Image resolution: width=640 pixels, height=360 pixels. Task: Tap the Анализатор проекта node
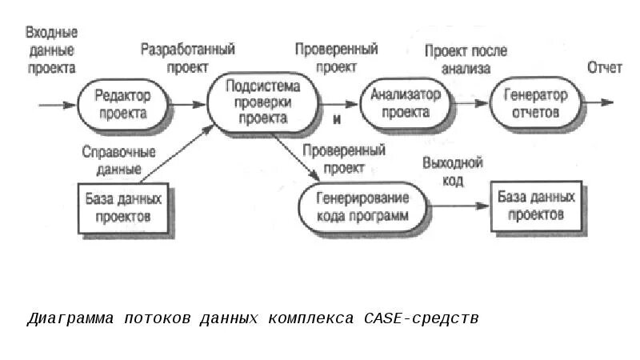(x=405, y=103)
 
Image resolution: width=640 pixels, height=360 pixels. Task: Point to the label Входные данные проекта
(x=51, y=50)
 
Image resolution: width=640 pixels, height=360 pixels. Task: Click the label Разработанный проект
(x=188, y=58)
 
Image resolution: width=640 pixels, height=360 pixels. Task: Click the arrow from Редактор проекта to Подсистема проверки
(x=189, y=104)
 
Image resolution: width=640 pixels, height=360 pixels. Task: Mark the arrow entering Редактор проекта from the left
(x=58, y=104)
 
